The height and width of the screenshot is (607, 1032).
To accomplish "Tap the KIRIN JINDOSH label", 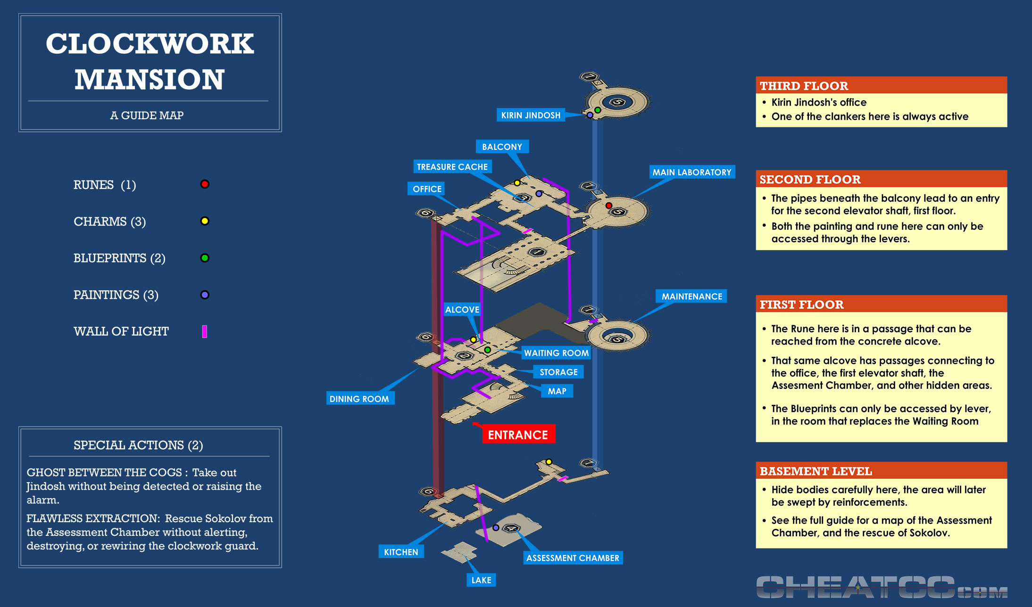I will pyautogui.click(x=531, y=115).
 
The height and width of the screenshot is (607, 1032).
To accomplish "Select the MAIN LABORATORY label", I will pyautogui.click(x=691, y=172).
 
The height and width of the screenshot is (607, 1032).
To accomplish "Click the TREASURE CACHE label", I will pyautogui.click(x=452, y=167).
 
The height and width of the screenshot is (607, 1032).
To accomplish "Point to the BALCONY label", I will pyautogui.click(x=502, y=147).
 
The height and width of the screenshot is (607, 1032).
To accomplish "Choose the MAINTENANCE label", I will pyautogui.click(x=691, y=296).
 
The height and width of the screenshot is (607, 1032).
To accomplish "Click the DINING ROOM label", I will pyautogui.click(x=359, y=399).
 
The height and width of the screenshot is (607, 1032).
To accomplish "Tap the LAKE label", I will pyautogui.click(x=481, y=580).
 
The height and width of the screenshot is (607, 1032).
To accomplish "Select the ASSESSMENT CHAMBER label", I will pyautogui.click(x=573, y=558).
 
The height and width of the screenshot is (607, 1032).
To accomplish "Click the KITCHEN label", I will pyautogui.click(x=401, y=552).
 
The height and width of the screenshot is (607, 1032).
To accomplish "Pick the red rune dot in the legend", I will pyautogui.click(x=205, y=184).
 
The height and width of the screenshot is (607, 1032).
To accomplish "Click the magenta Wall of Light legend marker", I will pyautogui.click(x=205, y=331).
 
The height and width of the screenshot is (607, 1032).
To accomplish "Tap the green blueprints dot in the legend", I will pyautogui.click(x=205, y=258).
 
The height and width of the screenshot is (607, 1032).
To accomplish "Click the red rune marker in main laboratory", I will pyautogui.click(x=609, y=205).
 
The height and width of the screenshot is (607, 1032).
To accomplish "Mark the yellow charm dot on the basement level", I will pyautogui.click(x=549, y=462).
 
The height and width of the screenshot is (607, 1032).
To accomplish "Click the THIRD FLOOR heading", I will pyautogui.click(x=804, y=86).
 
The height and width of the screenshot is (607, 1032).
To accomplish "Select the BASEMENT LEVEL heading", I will pyautogui.click(x=816, y=471).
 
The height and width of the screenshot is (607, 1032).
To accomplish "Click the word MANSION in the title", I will pyautogui.click(x=150, y=79).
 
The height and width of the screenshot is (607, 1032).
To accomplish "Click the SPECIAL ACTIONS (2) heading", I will pyautogui.click(x=138, y=445).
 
